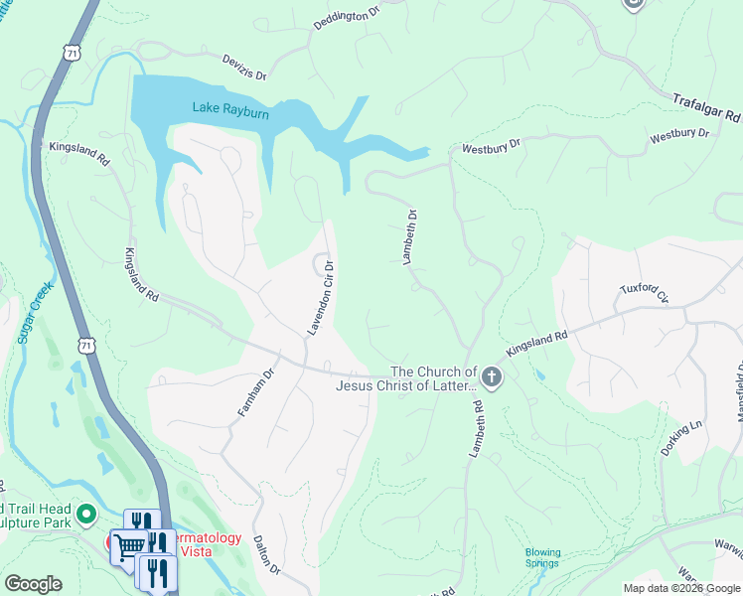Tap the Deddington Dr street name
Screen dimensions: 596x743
tap(348, 21)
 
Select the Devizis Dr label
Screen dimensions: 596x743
tap(244, 68)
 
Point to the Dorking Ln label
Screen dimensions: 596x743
tap(681, 438)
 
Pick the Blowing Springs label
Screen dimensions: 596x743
tap(542, 557)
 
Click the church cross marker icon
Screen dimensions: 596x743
tap(493, 376)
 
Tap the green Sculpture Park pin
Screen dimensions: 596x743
tap(86, 515)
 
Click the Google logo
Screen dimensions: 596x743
tap(33, 584)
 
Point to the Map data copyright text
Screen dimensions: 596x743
tap(681, 588)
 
